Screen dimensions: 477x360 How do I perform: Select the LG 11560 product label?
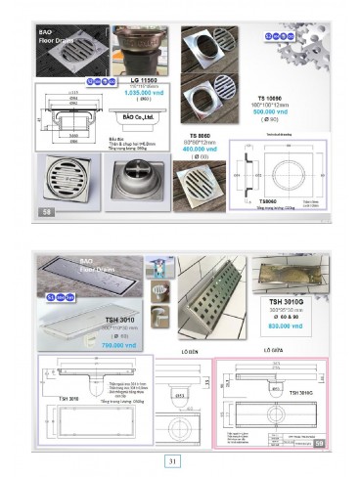[147, 76]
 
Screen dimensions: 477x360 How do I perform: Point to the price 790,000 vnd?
[117, 344]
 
